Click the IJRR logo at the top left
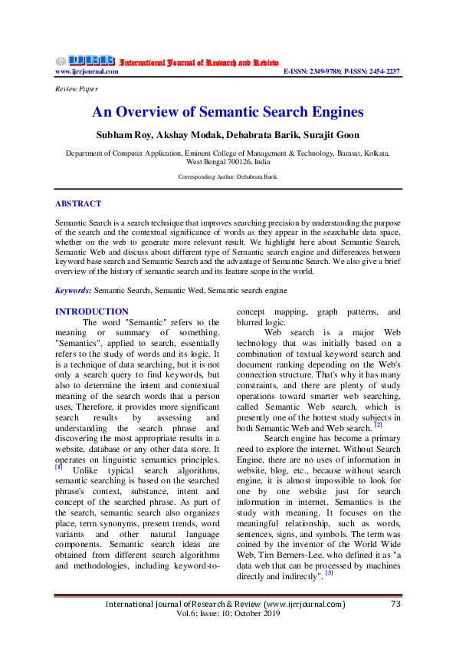(84, 61)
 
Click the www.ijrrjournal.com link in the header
(87, 71)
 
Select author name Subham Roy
(120, 135)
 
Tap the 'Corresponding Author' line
(228, 176)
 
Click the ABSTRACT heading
(78, 203)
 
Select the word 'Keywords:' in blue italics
(74, 291)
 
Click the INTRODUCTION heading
(92, 311)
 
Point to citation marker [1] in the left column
(59, 466)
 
